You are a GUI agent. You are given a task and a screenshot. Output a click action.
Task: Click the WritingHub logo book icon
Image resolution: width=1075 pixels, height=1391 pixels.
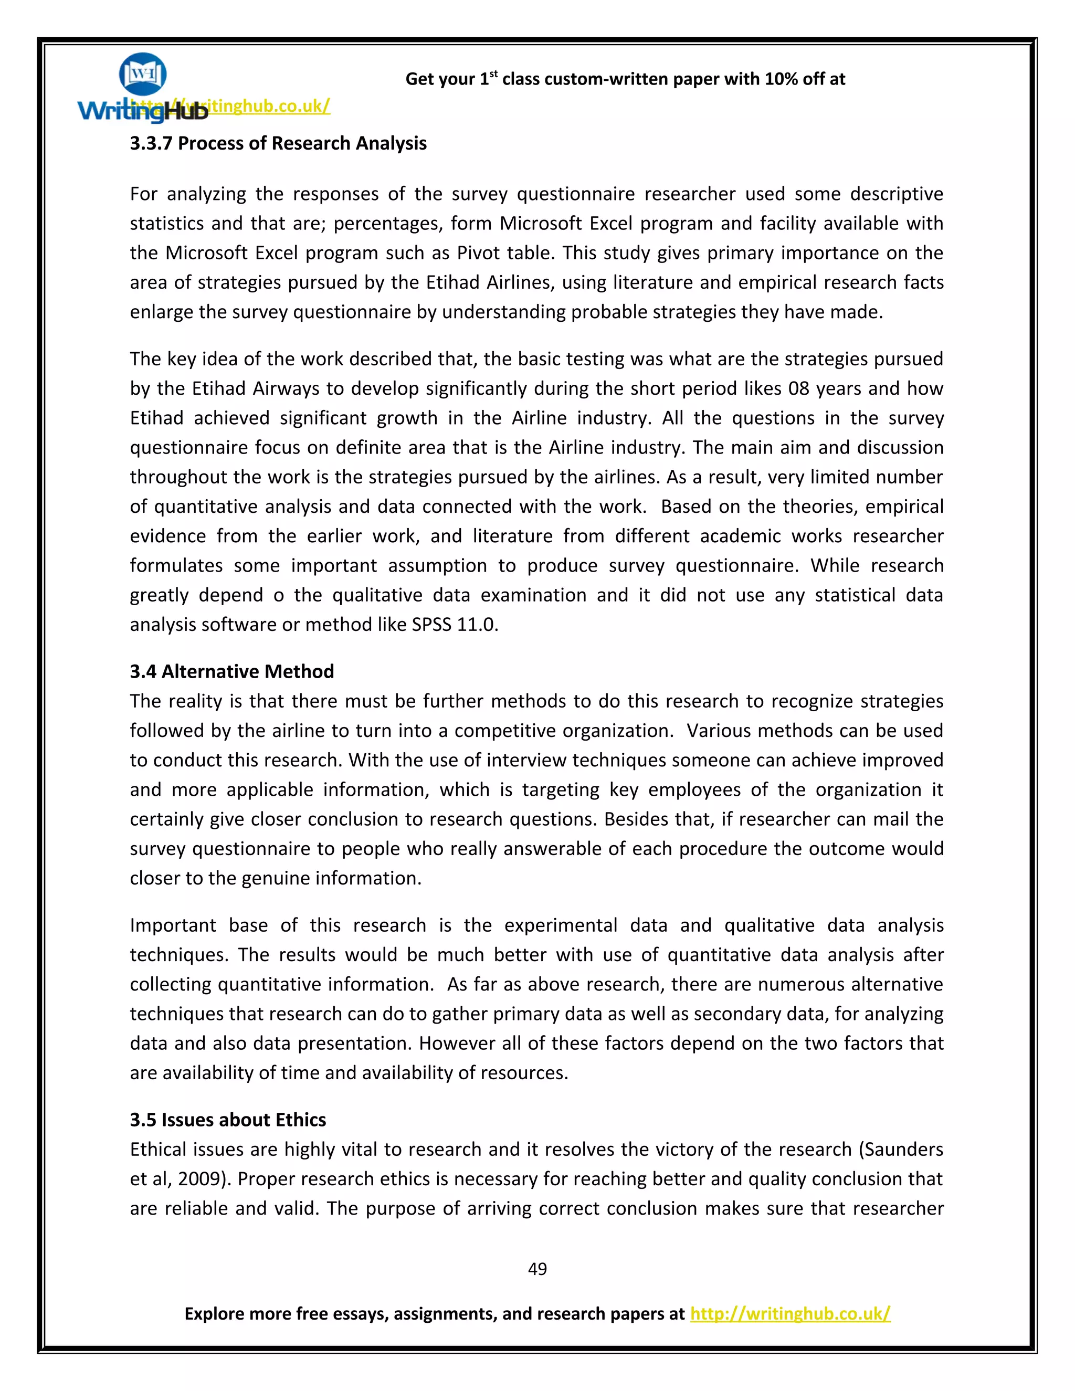pos(143,75)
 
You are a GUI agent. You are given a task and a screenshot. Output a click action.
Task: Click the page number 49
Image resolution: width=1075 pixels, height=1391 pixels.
pos(537,1269)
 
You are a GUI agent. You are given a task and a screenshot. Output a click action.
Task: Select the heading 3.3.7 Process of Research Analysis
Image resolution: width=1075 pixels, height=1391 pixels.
pos(278,143)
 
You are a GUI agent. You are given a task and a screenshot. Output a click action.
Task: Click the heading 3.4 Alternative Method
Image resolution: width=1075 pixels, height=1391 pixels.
pos(232,671)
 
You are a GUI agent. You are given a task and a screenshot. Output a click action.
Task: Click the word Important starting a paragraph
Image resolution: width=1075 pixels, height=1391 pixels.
pos(173,925)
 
